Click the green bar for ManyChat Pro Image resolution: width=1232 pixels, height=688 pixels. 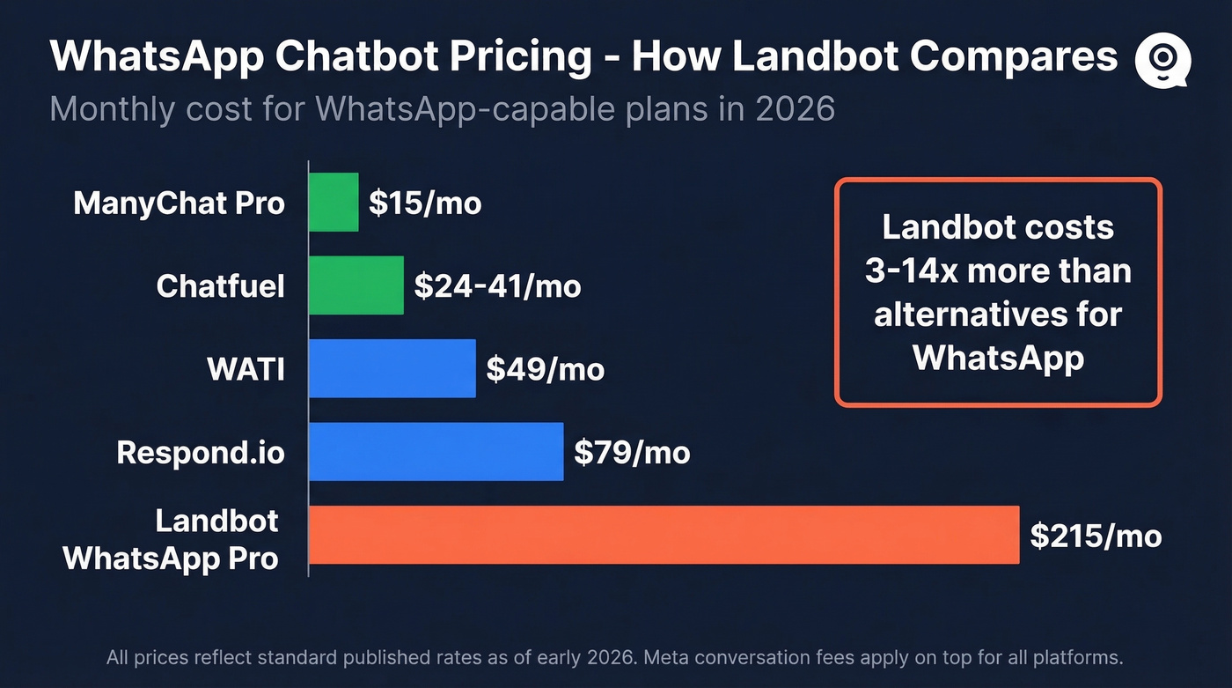click(x=334, y=203)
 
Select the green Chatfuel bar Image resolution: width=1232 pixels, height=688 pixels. click(x=356, y=285)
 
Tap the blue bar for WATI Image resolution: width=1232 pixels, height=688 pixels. click(x=392, y=368)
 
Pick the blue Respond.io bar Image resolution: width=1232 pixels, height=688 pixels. click(x=436, y=452)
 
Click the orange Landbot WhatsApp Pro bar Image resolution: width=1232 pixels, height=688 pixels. click(x=664, y=535)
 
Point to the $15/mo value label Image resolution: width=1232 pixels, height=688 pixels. click(x=425, y=203)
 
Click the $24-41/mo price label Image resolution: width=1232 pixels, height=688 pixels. click(x=497, y=286)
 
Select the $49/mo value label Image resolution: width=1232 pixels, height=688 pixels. click(x=545, y=369)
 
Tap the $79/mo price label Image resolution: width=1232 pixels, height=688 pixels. click(x=632, y=453)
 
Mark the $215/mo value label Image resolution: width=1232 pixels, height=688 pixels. click(x=1096, y=536)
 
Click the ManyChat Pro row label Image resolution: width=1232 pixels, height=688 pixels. click(x=180, y=203)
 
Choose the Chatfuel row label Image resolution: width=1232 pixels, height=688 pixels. click(x=221, y=286)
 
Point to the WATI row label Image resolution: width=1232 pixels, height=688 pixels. click(x=246, y=369)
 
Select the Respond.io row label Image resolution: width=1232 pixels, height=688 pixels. click(x=201, y=453)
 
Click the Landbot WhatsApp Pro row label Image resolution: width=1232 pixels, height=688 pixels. click(x=172, y=538)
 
